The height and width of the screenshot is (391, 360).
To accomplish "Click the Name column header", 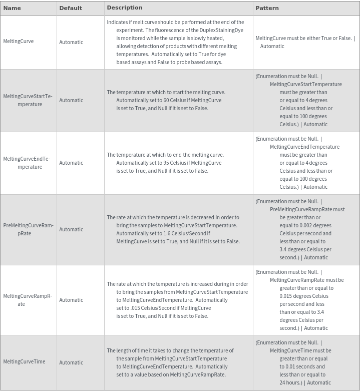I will pyautogui.click(x=12, y=8).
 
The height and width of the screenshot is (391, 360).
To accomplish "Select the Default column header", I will pyautogui.click(x=70, y=8).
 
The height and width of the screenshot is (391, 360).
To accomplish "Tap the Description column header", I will pyautogui.click(x=124, y=8).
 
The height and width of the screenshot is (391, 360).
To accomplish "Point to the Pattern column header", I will pyautogui.click(x=267, y=8).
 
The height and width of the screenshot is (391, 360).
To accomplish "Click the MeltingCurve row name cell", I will pyautogui.click(x=19, y=41).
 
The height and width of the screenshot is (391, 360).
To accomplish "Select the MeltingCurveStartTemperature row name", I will pyautogui.click(x=28, y=100).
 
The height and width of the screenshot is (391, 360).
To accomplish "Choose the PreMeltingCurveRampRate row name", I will pyautogui.click(x=28, y=229).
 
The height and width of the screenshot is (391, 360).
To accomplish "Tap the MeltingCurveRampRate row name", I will pyautogui.click(x=28, y=300).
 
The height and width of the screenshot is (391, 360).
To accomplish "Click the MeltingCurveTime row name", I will pyautogui.click(x=24, y=361).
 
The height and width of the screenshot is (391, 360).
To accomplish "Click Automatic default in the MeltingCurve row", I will pyautogui.click(x=71, y=42).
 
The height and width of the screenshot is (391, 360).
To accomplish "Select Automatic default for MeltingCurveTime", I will pyautogui.click(x=71, y=362).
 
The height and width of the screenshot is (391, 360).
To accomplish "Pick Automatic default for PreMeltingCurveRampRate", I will pyautogui.click(x=71, y=229).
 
